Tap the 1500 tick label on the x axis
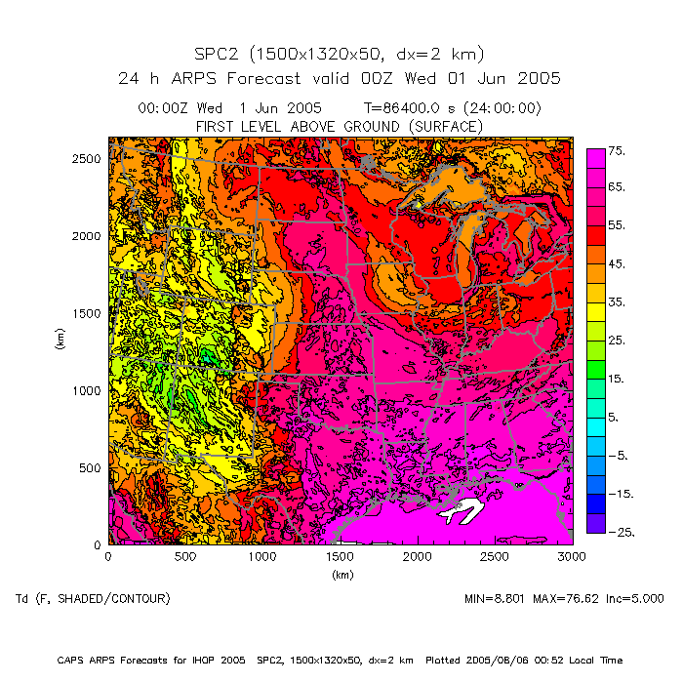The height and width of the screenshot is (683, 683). pos(340,556)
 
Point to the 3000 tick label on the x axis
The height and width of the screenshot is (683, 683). pos(572,556)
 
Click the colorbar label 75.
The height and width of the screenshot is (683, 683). pos(617,150)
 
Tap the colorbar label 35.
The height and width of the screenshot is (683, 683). pos(617,302)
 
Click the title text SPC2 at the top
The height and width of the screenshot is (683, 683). pos(221,54)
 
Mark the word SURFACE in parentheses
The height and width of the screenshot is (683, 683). pos(444,127)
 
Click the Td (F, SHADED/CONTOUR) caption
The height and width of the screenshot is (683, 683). pos(93,598)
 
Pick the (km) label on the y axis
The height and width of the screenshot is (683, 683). pos(60,341)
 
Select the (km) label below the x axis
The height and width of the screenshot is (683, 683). pos(341,575)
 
